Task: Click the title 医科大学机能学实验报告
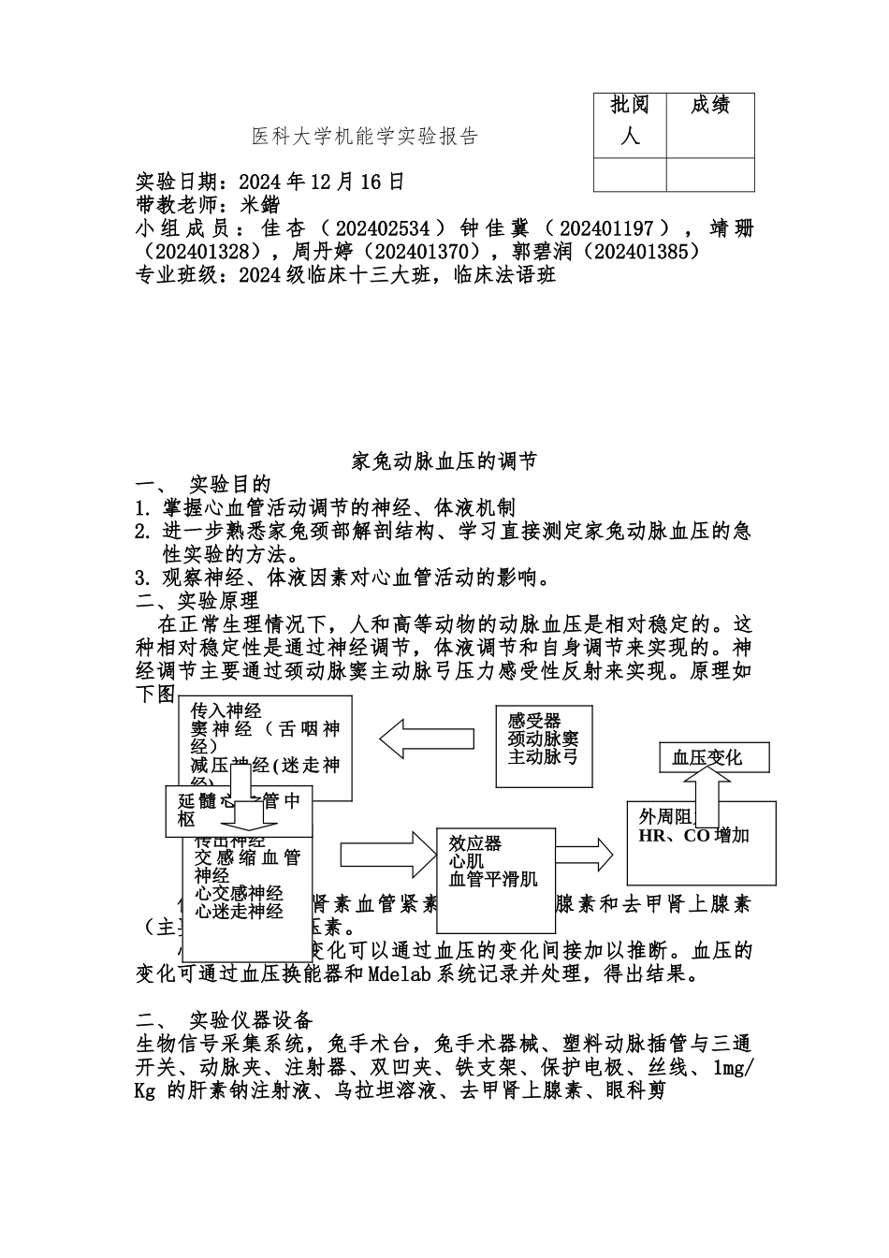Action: click(x=365, y=137)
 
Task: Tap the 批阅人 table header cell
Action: click(x=630, y=121)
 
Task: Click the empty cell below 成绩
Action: click(x=710, y=175)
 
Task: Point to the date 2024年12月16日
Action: click(x=322, y=182)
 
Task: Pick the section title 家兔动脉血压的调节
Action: click(x=444, y=461)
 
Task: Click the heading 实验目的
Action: click(x=229, y=485)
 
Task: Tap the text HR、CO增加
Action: click(x=693, y=835)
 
